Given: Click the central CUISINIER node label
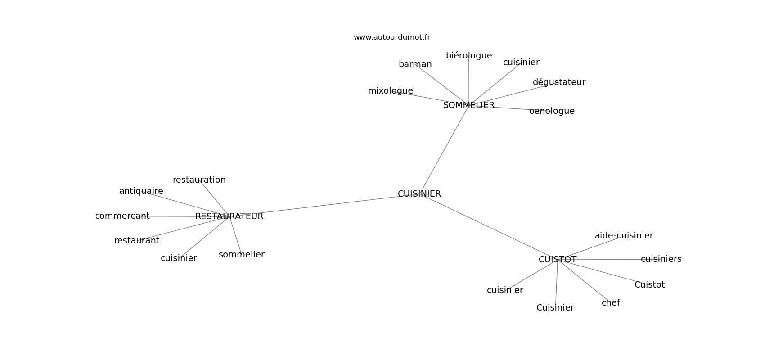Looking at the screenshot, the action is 419,194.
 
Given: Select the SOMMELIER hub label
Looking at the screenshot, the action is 469,105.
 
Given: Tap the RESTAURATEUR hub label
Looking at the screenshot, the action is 229,216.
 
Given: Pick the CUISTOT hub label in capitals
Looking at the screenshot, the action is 558,260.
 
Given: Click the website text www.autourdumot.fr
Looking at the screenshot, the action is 391,37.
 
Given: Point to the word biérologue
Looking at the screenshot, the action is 469,56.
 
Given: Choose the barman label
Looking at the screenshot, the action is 415,64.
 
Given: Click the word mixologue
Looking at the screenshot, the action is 390,91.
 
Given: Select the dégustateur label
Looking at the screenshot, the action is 559,82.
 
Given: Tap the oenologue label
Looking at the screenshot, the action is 552,111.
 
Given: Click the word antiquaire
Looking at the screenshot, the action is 141,191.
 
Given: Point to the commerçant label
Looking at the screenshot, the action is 122,216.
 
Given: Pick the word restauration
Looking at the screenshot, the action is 199,180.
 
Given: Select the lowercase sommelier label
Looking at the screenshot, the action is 242,254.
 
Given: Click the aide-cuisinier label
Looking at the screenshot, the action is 624,236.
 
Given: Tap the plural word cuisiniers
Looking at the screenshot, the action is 661,259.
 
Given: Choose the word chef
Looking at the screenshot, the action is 611,302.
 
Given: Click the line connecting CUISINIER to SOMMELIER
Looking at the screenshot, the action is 444,149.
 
